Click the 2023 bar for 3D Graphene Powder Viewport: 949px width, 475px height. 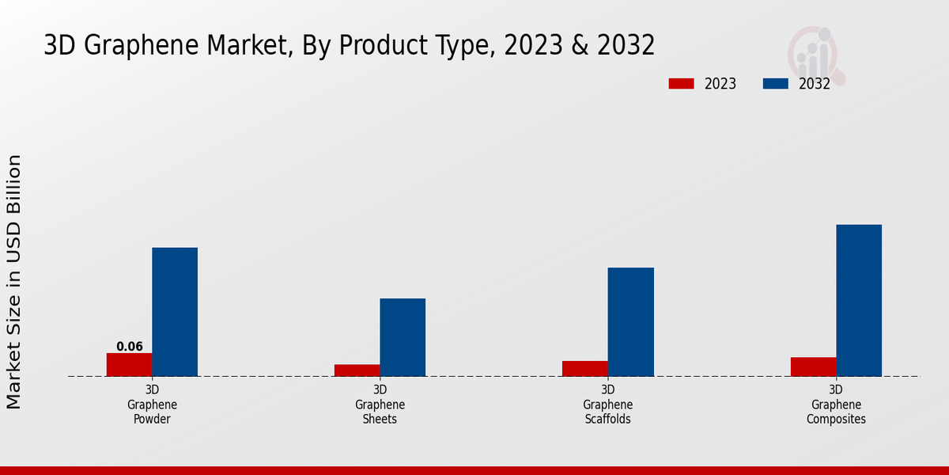129,364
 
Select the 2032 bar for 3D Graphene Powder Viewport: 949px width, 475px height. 175,312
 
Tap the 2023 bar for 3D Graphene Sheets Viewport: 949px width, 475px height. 357,370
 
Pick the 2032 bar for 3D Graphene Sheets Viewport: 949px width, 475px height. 403,337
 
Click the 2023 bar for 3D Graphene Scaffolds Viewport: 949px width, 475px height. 585,368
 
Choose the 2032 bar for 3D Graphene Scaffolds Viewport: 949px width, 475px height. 631,321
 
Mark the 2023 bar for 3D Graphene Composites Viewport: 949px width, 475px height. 813,367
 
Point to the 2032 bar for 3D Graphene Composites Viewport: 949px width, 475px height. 859,300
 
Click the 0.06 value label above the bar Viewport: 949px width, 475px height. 130,347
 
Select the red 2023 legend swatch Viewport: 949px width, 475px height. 681,84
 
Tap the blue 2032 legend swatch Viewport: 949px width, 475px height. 776,84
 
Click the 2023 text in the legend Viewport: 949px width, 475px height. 720,84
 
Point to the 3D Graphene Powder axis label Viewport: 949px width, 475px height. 152,405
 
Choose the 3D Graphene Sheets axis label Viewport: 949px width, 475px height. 380,405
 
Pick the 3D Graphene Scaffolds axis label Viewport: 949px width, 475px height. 608,405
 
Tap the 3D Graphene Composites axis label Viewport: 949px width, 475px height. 836,405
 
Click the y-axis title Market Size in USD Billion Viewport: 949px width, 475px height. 14,282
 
